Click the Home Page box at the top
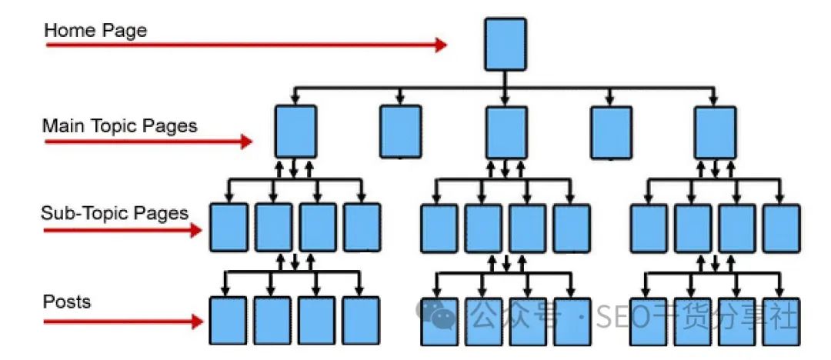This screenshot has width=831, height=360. click(506, 45)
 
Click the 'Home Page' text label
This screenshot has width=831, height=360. click(95, 31)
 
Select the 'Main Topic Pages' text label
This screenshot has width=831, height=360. click(119, 125)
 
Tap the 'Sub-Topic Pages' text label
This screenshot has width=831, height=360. click(115, 213)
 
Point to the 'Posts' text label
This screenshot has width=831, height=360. click(67, 301)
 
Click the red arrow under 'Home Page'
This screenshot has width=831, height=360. click(246, 45)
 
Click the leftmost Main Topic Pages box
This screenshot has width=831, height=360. click(295, 132)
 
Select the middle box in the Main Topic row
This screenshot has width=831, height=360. click(506, 132)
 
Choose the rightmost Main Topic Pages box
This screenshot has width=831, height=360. click(715, 132)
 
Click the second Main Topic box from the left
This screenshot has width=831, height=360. click(400, 132)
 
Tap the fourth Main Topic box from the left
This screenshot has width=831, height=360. click(610, 132)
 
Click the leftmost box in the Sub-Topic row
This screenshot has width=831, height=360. click(229, 228)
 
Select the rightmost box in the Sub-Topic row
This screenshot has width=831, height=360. click(781, 228)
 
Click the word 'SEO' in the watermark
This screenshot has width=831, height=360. click(619, 316)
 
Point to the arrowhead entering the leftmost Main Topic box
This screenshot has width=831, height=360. click(295, 101)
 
